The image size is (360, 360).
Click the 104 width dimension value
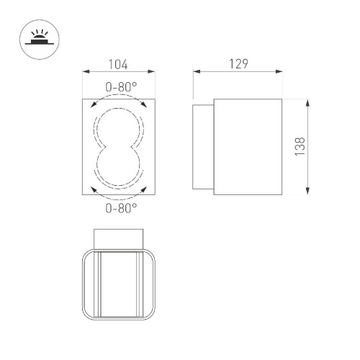point(118,65)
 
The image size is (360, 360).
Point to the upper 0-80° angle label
point(120,87)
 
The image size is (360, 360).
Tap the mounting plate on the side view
point(203,147)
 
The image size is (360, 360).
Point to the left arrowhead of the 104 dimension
point(86,72)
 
